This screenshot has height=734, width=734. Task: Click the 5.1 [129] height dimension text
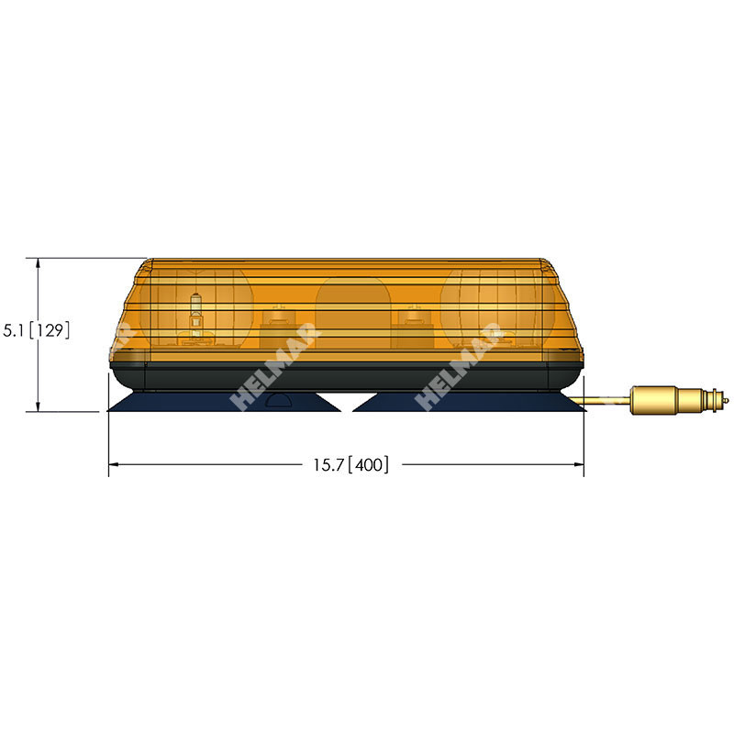[37, 330]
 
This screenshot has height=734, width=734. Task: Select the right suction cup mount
[468, 402]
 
